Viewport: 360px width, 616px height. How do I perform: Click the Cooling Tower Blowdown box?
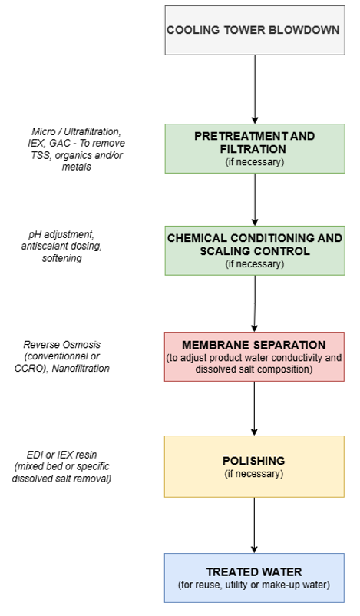click(255, 30)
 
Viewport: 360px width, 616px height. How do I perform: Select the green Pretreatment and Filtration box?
click(255, 148)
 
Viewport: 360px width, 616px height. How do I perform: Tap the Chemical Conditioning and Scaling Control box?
click(255, 250)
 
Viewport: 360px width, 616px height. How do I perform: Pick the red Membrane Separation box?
click(254, 356)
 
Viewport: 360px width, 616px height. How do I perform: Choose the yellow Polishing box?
click(254, 466)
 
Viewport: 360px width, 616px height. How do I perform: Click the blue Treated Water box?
click(254, 578)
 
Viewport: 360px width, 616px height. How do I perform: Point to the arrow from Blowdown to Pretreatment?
click(255, 90)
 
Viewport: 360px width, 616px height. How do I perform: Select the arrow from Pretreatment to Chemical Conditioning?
click(255, 200)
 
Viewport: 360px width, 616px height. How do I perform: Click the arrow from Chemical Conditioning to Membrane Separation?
click(254, 303)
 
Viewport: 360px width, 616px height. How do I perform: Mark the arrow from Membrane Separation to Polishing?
click(254, 409)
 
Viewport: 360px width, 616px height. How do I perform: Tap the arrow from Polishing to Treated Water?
click(254, 525)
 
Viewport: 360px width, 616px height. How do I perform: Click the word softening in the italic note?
click(62, 258)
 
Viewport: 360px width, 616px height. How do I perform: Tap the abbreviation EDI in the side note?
click(35, 455)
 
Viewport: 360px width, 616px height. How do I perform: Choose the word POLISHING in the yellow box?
click(254, 461)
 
